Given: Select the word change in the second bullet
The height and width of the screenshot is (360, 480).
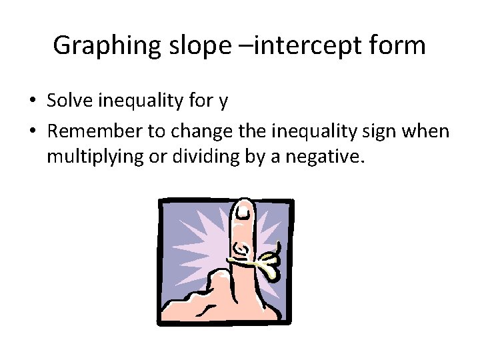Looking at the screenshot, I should pos(198,131).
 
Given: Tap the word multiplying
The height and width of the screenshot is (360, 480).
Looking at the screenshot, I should pos(87,157).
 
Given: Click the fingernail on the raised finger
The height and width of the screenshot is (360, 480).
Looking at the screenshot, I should pos(245,212).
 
